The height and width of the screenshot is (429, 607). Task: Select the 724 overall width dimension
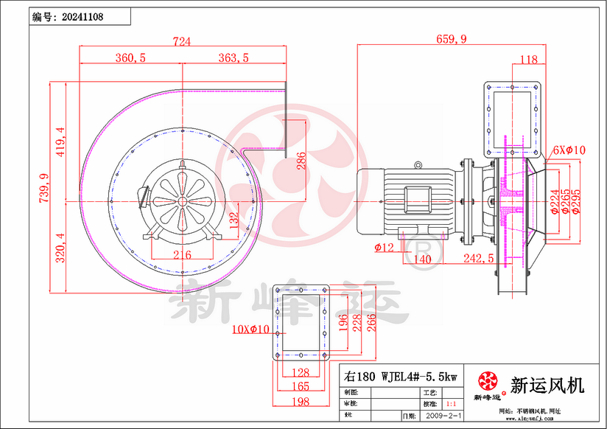pos(181,42)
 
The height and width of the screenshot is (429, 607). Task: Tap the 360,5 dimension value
pos(130,58)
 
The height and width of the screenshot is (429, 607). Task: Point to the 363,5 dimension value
pos(234,58)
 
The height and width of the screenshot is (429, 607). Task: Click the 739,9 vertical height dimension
pos(43,187)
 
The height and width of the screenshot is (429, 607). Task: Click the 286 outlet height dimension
pos(301,161)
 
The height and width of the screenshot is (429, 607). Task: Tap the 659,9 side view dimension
pos(451,40)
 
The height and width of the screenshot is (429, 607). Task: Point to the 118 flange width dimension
pos(528,60)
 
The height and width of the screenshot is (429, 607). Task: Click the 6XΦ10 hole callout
pos(569,150)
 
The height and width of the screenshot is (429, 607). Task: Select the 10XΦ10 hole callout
pos(250,329)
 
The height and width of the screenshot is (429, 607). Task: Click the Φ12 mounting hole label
pos(384,248)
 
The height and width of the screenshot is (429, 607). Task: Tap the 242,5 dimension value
pos(478,259)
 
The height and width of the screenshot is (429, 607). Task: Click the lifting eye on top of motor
pos(418,165)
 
